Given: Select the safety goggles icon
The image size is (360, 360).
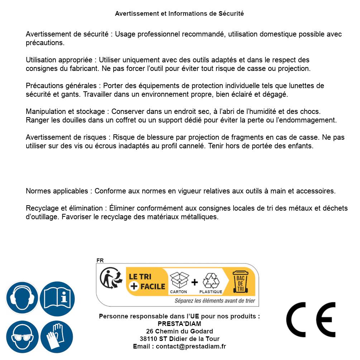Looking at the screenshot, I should pyautogui.click(x=22, y=337).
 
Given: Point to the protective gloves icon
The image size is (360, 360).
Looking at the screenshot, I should pyautogui.click(x=57, y=337).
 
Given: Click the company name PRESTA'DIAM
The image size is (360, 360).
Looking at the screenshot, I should pyautogui.click(x=179, y=324).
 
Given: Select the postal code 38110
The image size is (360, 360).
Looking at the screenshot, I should pyautogui.click(x=149, y=339).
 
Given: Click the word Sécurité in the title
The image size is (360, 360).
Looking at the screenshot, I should pyautogui.click(x=231, y=14).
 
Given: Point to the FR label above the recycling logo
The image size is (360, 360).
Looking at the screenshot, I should pyautogui.click(x=100, y=260).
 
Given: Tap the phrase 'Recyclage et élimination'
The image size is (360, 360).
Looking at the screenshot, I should pyautogui.click(x=64, y=208).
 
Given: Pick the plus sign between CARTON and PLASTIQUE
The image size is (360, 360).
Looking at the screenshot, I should pyautogui.click(x=195, y=282).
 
